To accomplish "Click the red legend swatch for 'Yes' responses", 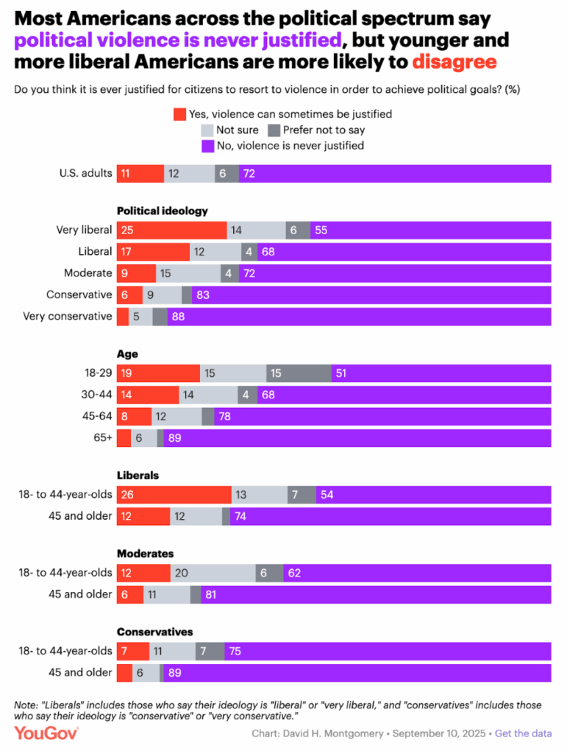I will (x=180, y=114).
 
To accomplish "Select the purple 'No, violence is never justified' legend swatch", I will (x=208, y=146).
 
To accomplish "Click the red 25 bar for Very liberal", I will (x=172, y=230).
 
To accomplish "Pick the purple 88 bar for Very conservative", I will (x=359, y=317).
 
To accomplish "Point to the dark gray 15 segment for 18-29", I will (x=299, y=374).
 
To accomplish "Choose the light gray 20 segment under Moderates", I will (x=213, y=574).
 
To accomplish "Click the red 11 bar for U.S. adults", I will (x=140, y=174).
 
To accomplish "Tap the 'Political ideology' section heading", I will (x=163, y=211).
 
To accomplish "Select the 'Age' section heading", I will (x=127, y=353).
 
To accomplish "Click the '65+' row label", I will (x=102, y=438).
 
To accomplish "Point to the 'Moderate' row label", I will (x=88, y=273).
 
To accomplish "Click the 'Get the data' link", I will (x=523, y=733).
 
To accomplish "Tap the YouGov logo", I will (x=46, y=733).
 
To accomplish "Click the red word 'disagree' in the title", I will (x=454, y=62).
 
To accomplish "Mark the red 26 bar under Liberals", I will (x=174, y=495).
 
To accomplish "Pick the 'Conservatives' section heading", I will (x=155, y=632).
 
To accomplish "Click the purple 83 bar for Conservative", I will (x=371, y=295).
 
